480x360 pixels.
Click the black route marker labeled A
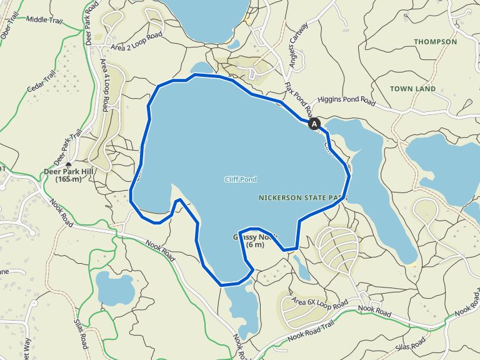[x=314, y=124]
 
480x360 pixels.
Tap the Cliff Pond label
[x=241, y=179]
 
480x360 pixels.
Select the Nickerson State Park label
[x=302, y=197]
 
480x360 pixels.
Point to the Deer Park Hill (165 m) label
[x=69, y=176]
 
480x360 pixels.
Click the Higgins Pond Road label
[x=346, y=100]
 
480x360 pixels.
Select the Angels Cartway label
[x=299, y=41]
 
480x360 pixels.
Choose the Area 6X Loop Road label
[x=319, y=303]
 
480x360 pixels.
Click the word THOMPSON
[x=435, y=42]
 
